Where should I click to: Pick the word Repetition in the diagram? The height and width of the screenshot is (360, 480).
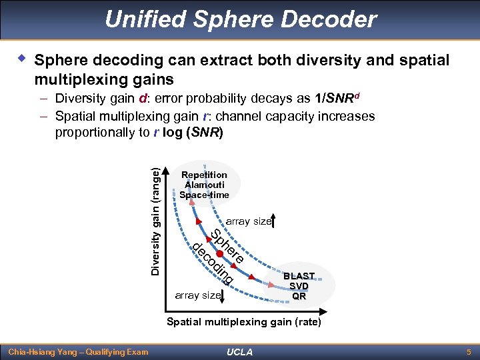pos(204,175)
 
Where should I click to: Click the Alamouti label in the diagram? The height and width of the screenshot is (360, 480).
pos(204,185)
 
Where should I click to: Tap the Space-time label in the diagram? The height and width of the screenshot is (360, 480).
pos(204,195)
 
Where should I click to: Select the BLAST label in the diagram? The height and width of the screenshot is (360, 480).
pos(299,276)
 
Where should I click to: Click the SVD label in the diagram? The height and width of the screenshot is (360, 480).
pos(299,286)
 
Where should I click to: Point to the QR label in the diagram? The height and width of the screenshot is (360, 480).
pos(299,296)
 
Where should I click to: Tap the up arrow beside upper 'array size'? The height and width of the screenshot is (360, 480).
pos(275,221)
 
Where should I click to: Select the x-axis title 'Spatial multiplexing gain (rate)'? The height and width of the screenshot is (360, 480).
pos(243,322)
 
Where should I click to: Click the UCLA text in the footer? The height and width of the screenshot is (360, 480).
pos(239,351)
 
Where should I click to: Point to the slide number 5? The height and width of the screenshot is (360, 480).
pos(468,351)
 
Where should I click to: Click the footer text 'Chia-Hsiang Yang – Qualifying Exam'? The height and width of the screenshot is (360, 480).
pos(77,351)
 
